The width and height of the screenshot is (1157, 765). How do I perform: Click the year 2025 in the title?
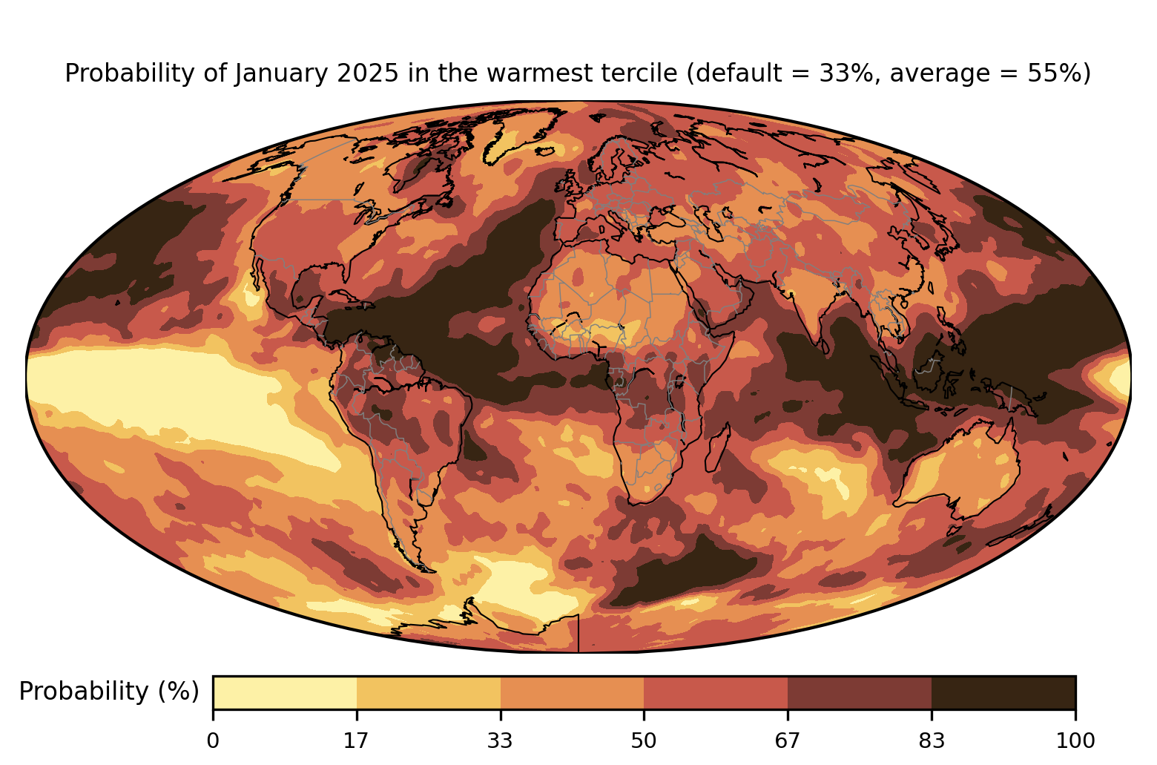(368, 73)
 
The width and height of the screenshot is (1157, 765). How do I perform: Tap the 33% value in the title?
(843, 73)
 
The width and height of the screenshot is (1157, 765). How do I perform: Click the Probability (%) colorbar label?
(109, 692)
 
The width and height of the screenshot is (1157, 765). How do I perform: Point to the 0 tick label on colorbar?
(213, 741)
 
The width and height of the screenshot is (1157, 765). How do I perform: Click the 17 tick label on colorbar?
(357, 741)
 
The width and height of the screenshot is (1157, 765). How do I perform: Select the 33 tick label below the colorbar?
(500, 741)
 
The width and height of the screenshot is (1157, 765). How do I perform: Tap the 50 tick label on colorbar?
(644, 741)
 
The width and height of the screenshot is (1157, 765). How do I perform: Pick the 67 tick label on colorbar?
(787, 741)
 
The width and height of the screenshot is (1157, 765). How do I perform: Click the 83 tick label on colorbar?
(932, 741)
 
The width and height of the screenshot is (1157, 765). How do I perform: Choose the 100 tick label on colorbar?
(1075, 741)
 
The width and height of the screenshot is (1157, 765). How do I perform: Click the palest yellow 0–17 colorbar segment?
(285, 692)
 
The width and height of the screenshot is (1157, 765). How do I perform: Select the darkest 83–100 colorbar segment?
(1003, 692)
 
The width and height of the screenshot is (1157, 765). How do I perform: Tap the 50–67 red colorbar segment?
(716, 692)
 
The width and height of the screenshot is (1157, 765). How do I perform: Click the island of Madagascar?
(717, 447)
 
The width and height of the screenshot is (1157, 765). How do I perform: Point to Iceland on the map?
(544, 151)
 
